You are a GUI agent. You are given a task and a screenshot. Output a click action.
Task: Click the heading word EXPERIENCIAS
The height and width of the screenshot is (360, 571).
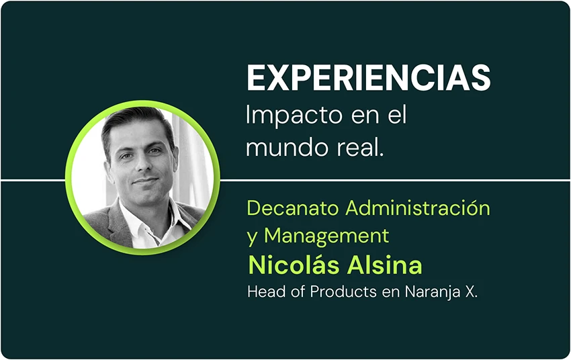pyautogui.click(x=369, y=77)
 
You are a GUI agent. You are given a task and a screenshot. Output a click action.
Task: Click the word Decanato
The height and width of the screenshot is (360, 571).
pyautogui.click(x=293, y=208)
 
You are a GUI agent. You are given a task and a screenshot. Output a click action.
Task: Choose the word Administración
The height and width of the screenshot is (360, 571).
pyautogui.click(x=418, y=208)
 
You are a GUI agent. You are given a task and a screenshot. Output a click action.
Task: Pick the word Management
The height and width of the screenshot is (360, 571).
pyautogui.click(x=326, y=236)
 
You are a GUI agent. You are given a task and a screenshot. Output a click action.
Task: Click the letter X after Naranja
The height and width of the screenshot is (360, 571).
pyautogui.click(x=470, y=291)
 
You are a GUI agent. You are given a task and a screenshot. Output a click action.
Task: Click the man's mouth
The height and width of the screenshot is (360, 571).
pyautogui.click(x=145, y=181)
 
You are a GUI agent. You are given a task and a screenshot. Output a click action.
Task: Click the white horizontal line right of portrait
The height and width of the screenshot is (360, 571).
pyautogui.click(x=395, y=179)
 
